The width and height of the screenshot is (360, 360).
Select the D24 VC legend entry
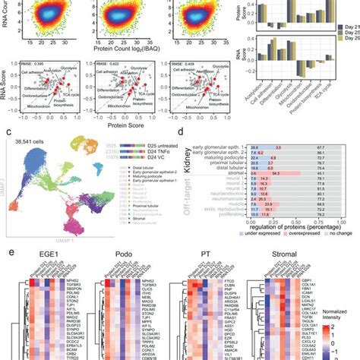pyautogui.click(x=149, y=154)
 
